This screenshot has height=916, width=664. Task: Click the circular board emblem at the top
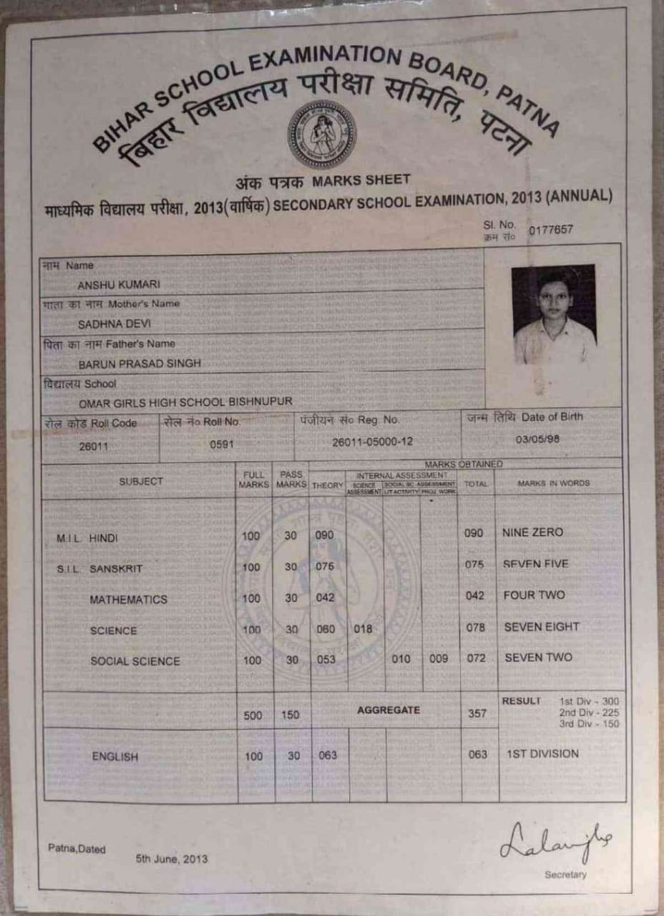pos(321,135)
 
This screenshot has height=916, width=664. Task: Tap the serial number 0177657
pos(550,230)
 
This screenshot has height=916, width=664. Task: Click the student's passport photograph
pos(553,314)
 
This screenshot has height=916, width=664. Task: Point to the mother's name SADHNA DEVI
pos(109,323)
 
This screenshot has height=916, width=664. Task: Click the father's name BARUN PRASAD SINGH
pos(140,364)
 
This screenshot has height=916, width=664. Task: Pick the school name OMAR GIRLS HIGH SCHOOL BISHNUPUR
pos(185,401)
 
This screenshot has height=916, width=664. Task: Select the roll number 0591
pos(222,444)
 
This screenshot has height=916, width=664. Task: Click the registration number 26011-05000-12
pos(372,442)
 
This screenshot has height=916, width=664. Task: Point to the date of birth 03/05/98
pos(538,439)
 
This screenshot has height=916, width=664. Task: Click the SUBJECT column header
pos(141,482)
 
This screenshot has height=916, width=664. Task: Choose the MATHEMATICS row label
pos(128,600)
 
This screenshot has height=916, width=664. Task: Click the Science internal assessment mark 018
pos(363,628)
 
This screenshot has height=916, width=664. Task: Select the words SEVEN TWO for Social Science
pos(538,657)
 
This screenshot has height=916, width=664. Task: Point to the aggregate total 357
pos(476,713)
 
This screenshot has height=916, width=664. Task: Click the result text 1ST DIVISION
pos(542,754)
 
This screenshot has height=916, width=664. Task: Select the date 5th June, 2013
pos(172,858)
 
